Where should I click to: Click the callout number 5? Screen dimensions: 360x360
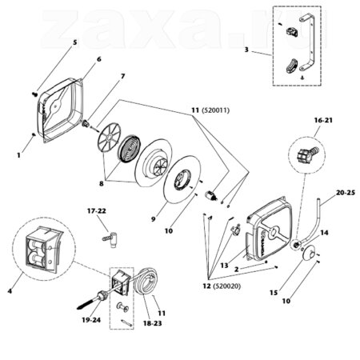pos(74,42)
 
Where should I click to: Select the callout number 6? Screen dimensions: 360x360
pos(99,59)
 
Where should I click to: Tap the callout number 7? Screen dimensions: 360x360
pos(122,76)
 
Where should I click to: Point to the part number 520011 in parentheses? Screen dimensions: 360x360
pos(214,110)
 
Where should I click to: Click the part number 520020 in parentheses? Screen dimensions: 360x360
pos(226,286)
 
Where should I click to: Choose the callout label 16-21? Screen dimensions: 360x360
pos(323,120)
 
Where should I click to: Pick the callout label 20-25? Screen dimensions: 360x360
pos(346,193)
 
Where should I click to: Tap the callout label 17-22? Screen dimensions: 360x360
pos(97,211)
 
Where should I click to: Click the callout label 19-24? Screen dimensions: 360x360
pos(91,320)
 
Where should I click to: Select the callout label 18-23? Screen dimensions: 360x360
pos(152,323)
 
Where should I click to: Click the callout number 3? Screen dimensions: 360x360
pos(246,50)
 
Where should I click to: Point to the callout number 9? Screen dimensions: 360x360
pos(153,219)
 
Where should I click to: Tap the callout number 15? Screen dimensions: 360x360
pos(274,293)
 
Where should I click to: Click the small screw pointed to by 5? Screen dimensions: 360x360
pos(34,94)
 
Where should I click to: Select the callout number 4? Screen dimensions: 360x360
pos(10,291)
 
